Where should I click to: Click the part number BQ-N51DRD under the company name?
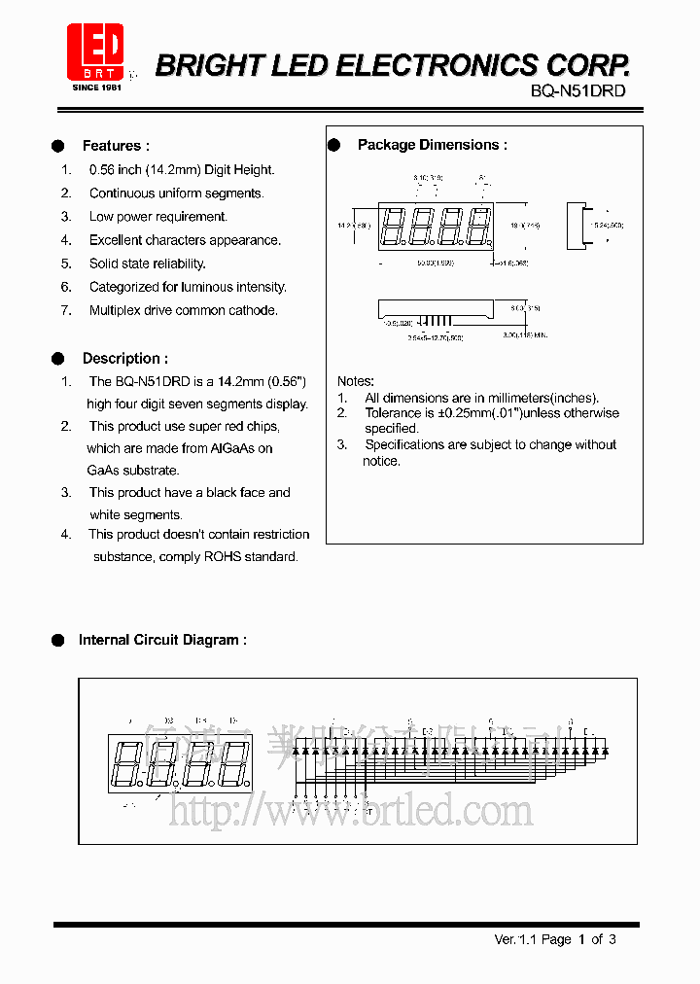pos(577,90)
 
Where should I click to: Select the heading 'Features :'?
pos(116,146)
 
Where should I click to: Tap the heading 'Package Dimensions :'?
pos(432,145)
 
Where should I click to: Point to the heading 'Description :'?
pos(124,358)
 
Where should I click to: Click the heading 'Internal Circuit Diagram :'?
pos(162,640)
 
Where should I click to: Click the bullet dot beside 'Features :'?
pos(57,146)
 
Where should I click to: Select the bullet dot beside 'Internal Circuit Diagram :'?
pos(57,640)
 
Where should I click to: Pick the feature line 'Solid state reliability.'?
pos(147,264)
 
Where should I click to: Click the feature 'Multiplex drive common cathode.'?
pos(183,310)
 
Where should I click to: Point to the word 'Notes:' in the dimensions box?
pos(355,381)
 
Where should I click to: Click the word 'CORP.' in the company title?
pos(586,65)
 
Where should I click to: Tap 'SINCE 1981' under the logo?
pos(96,87)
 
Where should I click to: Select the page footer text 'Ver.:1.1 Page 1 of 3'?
pos(555,939)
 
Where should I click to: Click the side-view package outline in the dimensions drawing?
pos(581,226)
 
